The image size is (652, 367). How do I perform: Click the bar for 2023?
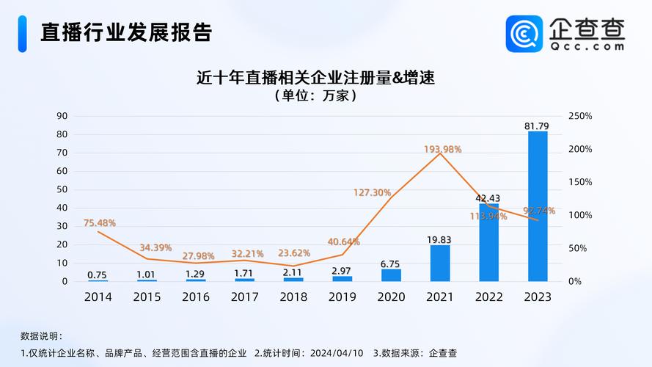click(x=538, y=206)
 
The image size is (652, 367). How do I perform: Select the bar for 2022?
click(x=488, y=242)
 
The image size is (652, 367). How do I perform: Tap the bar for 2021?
click(x=439, y=263)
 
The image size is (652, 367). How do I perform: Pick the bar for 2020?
click(x=391, y=275)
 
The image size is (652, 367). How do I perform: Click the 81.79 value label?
click(x=537, y=126)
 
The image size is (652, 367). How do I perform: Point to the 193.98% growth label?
click(x=442, y=149)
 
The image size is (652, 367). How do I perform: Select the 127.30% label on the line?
click(x=372, y=192)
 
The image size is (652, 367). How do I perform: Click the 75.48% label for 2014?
click(x=99, y=223)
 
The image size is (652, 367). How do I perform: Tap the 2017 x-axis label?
click(x=244, y=297)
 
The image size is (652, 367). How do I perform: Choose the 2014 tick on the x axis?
click(x=98, y=297)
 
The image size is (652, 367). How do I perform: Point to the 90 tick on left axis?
click(x=62, y=116)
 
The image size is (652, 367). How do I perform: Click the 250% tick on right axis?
click(x=579, y=116)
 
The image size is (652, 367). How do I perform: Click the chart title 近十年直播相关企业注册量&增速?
click(x=315, y=77)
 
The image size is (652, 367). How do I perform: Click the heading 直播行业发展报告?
click(x=126, y=32)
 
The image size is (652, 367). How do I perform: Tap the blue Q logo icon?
click(x=524, y=34)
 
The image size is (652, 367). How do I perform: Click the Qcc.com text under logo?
click(x=587, y=46)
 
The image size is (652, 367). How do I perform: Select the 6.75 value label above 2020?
click(x=390, y=264)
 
